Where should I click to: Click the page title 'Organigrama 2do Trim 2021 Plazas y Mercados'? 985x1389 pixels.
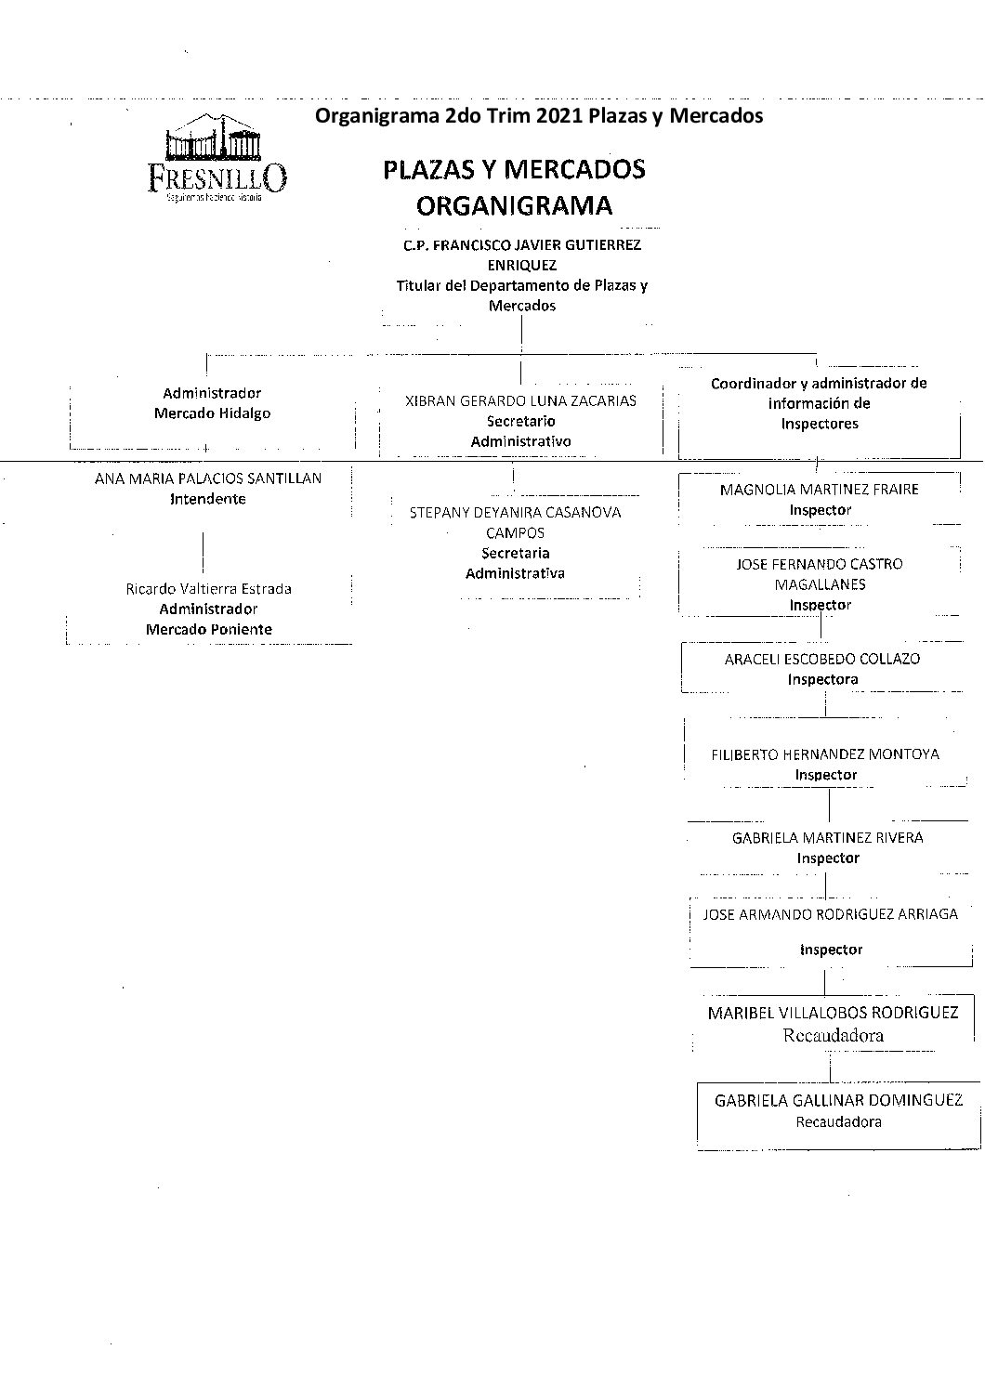pyautogui.click(x=539, y=116)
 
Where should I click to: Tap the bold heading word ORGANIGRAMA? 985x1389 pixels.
pyautogui.click(x=514, y=205)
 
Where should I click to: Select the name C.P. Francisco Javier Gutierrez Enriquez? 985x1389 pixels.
pyautogui.click(x=521, y=255)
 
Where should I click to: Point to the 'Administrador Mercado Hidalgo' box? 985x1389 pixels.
pyautogui.click(x=212, y=403)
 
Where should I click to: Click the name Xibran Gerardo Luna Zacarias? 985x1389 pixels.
pyautogui.click(x=521, y=401)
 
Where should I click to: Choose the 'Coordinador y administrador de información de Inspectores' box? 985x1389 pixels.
pyautogui.click(x=819, y=403)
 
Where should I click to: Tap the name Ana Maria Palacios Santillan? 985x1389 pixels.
pyautogui.click(x=208, y=478)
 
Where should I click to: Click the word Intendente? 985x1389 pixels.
pyautogui.click(x=208, y=499)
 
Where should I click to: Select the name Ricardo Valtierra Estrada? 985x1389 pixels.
pyautogui.click(x=208, y=589)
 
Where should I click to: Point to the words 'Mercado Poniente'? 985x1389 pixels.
pyautogui.click(x=208, y=630)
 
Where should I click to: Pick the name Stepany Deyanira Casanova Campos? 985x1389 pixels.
pyautogui.click(x=515, y=522)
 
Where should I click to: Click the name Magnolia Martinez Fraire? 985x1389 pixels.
pyautogui.click(x=819, y=490)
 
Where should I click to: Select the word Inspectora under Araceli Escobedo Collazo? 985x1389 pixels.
pyautogui.click(x=822, y=679)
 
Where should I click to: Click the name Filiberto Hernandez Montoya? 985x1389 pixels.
pyautogui.click(x=825, y=754)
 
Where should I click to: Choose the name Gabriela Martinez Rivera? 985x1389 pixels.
pyautogui.click(x=827, y=838)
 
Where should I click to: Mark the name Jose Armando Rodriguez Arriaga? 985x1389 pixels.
pyautogui.click(x=830, y=914)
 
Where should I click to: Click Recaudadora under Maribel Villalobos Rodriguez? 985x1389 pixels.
pyautogui.click(x=832, y=1035)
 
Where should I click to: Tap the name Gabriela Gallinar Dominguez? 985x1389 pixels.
pyautogui.click(x=838, y=1101)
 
